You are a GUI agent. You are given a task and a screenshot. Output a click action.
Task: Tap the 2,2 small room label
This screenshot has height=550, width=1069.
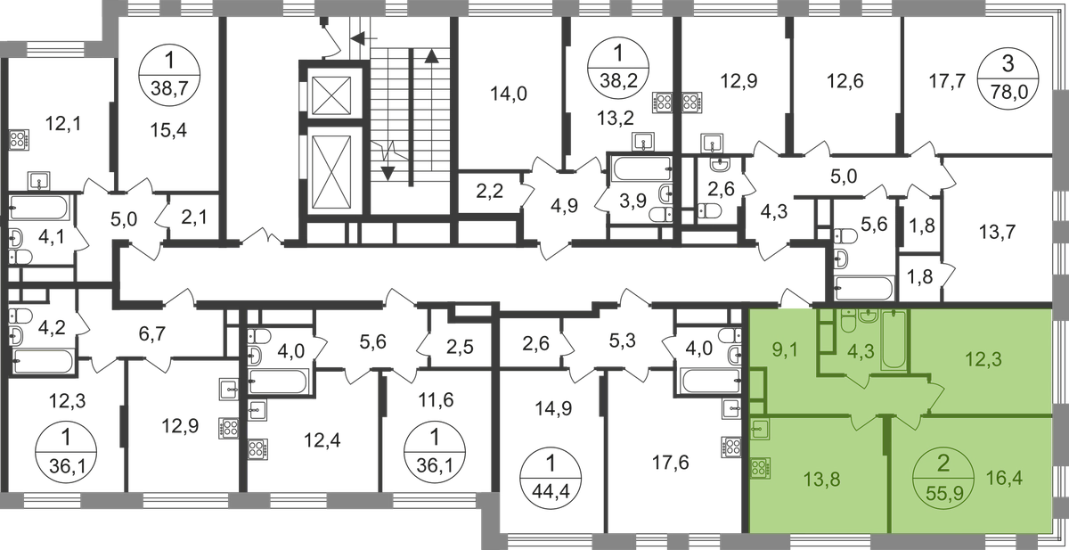488,189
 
